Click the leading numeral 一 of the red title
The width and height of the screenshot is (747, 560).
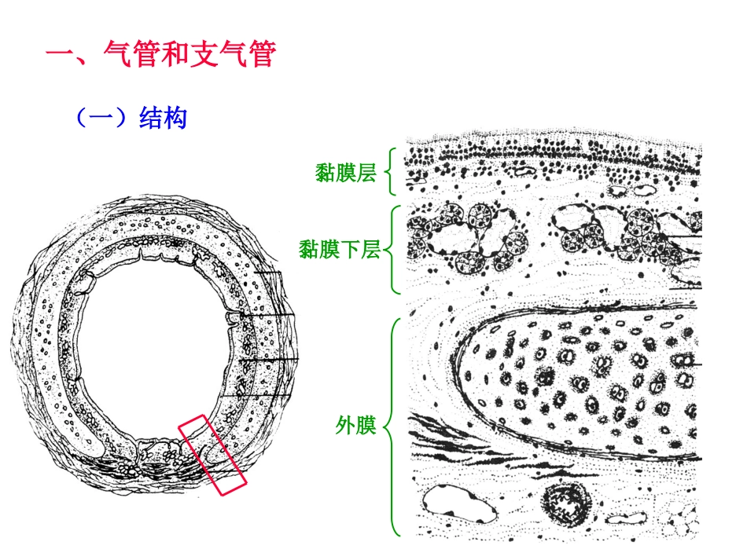pyautogui.click(x=61, y=55)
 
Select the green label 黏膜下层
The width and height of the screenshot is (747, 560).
pyautogui.click(x=340, y=250)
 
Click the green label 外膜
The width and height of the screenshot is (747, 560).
pyautogui.click(x=356, y=426)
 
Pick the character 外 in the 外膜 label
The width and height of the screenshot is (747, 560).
pyautogui.click(x=346, y=426)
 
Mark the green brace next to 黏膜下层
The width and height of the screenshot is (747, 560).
pyautogui.click(x=394, y=250)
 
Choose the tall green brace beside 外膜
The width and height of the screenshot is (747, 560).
pyautogui.click(x=393, y=426)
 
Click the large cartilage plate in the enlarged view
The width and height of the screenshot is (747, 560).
pyautogui.click(x=582, y=377)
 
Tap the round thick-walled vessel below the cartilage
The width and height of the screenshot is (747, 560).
pyautogui.click(x=565, y=502)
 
